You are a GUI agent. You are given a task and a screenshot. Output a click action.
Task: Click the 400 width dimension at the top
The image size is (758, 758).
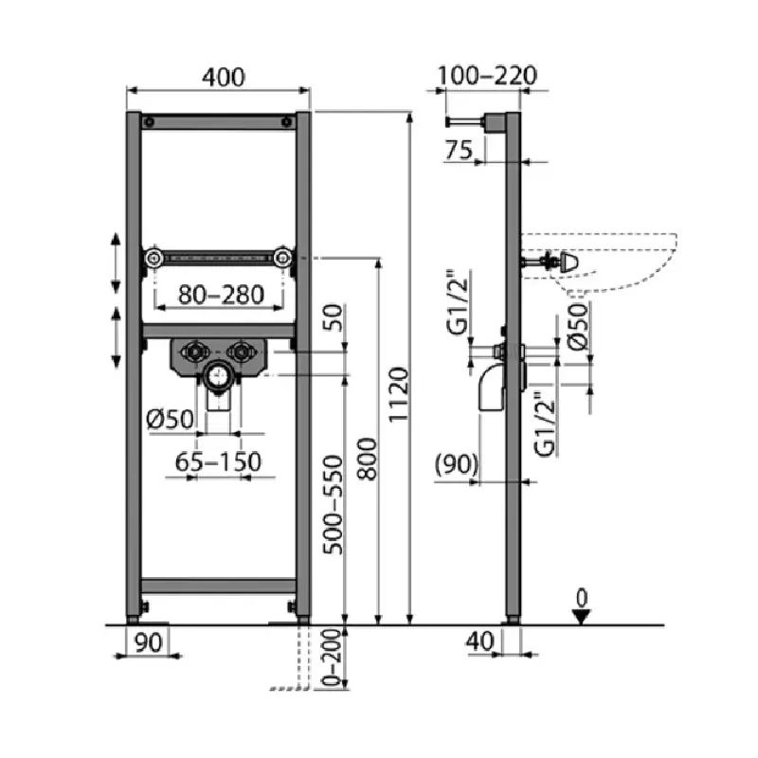tap(224, 78)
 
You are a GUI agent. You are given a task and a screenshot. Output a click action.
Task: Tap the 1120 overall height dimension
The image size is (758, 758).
tap(399, 394)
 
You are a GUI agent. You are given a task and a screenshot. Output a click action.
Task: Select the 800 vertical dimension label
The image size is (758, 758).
tap(367, 460)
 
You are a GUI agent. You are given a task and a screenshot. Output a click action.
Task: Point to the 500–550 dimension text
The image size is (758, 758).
tap(333, 505)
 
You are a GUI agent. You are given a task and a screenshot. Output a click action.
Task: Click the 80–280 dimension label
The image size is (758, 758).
tap(222, 295)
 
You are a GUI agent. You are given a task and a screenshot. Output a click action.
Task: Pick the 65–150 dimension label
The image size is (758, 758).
tap(218, 461)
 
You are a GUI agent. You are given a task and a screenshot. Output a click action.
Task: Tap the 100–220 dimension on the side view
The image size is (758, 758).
tap(487, 76)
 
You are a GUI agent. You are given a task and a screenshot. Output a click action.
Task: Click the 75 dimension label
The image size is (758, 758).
tap(459, 150)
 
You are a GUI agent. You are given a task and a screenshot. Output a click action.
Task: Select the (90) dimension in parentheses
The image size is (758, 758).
tap(457, 464)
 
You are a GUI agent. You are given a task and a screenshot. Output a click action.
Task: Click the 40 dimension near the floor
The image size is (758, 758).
tap(479, 641)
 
